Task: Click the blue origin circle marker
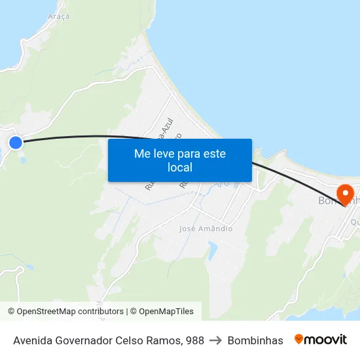15,142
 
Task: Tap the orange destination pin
344,194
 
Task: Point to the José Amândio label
206,228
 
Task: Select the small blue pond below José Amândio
212,250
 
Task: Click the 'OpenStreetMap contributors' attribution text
69,312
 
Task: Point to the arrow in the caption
215,340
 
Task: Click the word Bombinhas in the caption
255,340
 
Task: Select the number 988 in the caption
194,340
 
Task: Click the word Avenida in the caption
33,340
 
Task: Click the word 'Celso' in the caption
133,340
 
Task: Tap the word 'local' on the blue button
179,168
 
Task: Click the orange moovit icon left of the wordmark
298,339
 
